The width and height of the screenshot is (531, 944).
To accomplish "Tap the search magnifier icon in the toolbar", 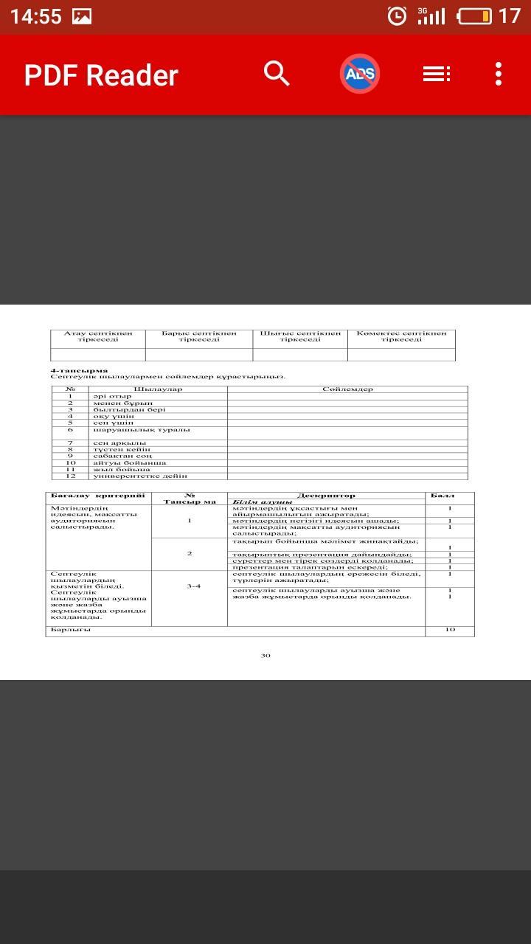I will (x=277, y=74).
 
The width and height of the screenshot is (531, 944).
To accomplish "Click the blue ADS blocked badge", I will (x=360, y=74).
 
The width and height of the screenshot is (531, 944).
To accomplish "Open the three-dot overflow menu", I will (x=499, y=74).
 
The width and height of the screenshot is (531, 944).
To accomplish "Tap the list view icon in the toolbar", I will (x=436, y=74).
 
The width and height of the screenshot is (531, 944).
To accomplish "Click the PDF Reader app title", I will (x=101, y=75).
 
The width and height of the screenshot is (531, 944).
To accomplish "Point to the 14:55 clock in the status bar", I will (x=35, y=16).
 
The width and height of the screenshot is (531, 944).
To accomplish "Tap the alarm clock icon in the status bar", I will (x=397, y=15).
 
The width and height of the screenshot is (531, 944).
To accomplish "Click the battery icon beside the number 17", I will (x=474, y=15).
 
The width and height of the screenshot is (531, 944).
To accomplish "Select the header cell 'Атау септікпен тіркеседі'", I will (x=98, y=336).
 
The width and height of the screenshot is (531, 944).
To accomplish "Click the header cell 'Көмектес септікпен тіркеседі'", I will (x=401, y=336).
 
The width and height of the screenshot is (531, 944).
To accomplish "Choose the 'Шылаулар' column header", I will (x=158, y=389).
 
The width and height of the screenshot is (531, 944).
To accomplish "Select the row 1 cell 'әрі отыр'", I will (x=112, y=396).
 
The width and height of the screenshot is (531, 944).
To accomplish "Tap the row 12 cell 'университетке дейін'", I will (x=140, y=476).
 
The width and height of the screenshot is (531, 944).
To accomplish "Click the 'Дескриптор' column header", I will (x=326, y=496).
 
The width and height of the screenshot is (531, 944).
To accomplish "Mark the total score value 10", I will (x=450, y=630).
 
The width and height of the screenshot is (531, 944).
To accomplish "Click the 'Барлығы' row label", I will (x=71, y=630).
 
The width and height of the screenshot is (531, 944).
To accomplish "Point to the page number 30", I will (x=265, y=655).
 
